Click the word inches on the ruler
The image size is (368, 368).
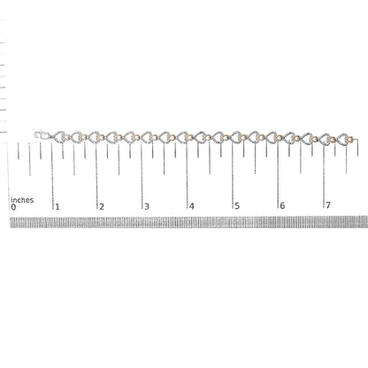(22, 200)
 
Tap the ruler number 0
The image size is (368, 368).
(13, 207)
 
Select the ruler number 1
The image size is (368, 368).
(57, 207)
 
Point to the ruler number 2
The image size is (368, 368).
(102, 206)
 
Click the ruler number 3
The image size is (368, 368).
(147, 206)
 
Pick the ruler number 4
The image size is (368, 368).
(192, 206)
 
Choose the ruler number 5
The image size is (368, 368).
(237, 206)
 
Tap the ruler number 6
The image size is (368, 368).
(282, 205)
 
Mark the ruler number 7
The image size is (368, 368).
(328, 204)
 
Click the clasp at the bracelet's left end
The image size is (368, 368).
(42, 135)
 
